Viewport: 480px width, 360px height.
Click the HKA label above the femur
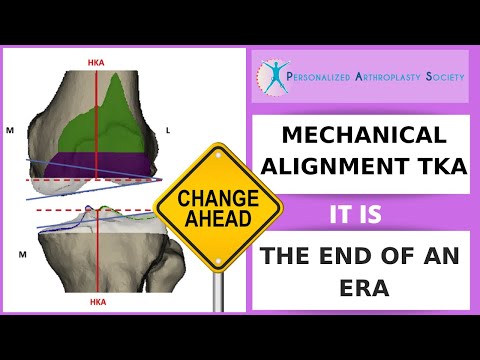[x=95, y=62]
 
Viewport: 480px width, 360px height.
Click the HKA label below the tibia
[x=96, y=300]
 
